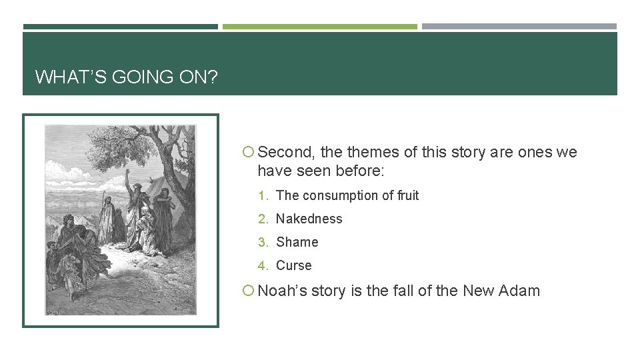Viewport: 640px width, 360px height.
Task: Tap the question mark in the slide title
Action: pos(212,77)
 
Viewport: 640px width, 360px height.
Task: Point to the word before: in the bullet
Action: pos(360,171)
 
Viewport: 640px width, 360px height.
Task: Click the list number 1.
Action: pos(263,196)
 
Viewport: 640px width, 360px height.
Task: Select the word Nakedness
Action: pos(309,219)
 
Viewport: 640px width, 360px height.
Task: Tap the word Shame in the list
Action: pos(297,243)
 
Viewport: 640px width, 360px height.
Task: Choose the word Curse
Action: pos(293,266)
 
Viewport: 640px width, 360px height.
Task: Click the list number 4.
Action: pos(263,266)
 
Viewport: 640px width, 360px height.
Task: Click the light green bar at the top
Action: pos(319,27)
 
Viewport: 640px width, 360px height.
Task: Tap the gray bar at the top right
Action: pos(519,27)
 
